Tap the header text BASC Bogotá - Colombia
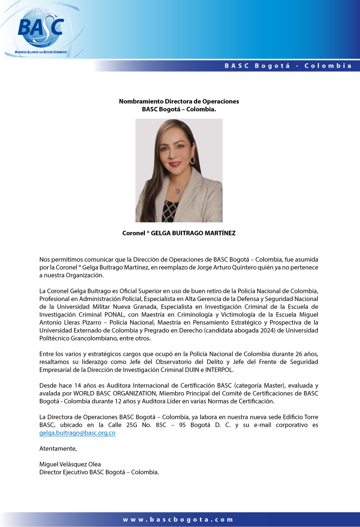click(x=288, y=66)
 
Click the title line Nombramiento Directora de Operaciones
click(x=179, y=101)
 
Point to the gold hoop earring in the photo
click(x=192, y=159)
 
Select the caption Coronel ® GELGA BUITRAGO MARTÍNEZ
click(x=179, y=233)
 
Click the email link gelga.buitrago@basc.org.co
click(x=77, y=433)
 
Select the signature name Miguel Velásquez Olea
click(x=70, y=465)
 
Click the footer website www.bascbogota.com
click(x=178, y=519)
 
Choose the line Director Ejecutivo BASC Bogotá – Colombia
click(x=99, y=472)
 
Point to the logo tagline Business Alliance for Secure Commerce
click(x=41, y=52)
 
